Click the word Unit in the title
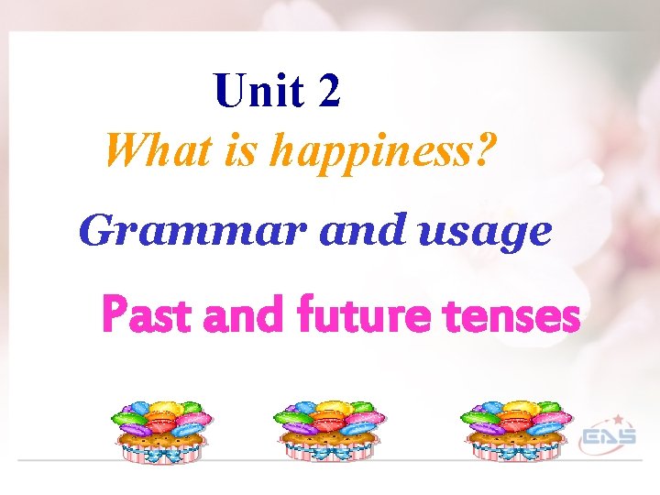click(258, 91)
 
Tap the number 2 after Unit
click(331, 91)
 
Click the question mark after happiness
click(484, 148)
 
